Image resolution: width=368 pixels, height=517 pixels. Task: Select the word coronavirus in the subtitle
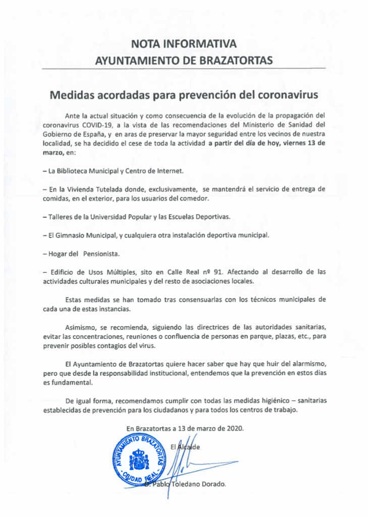click(x=287, y=95)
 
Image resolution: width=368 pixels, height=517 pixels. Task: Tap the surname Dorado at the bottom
click(x=213, y=484)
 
